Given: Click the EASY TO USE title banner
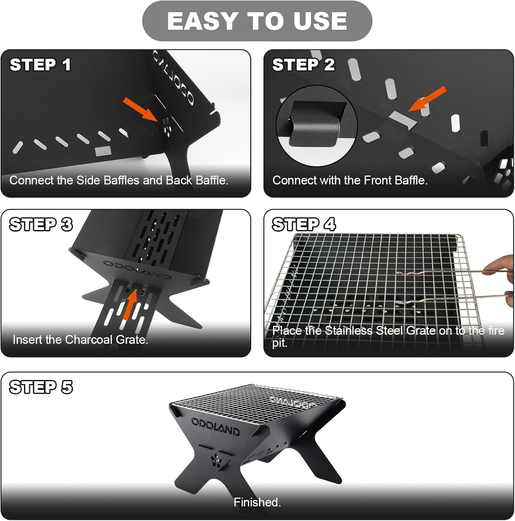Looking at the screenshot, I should tap(257, 21).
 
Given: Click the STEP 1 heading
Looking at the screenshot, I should tap(40, 65).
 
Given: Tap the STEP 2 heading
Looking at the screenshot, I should tap(303, 65).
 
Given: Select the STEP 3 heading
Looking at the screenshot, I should tap(41, 225).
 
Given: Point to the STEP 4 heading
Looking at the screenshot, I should tap(304, 224).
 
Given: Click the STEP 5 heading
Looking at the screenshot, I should tap(41, 387).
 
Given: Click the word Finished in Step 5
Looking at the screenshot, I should tap(257, 502).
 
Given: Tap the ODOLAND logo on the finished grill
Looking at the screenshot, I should tap(215, 427).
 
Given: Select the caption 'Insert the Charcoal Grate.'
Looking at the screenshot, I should tap(80, 340).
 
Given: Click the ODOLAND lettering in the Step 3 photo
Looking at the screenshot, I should tap(137, 269).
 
